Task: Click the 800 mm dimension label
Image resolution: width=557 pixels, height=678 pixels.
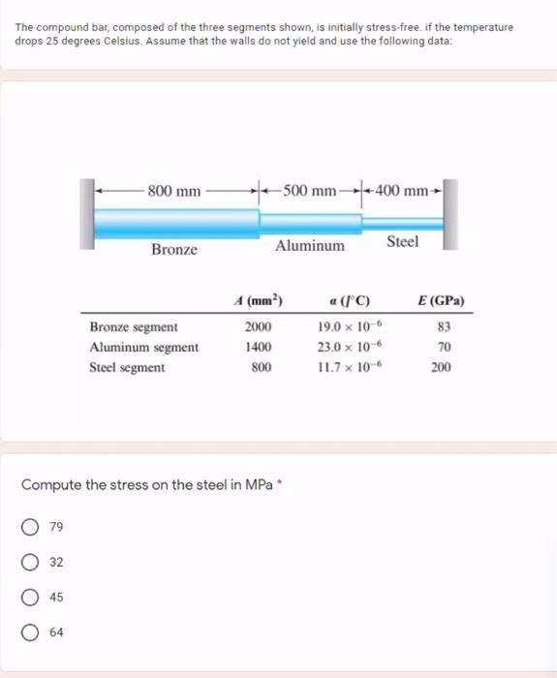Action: [174, 191]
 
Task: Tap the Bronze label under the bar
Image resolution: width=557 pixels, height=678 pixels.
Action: [174, 249]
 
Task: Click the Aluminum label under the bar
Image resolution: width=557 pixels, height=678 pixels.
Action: [309, 246]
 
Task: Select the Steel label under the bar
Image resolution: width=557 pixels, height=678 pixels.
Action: [403, 241]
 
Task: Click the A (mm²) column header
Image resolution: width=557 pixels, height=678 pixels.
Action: [257, 299]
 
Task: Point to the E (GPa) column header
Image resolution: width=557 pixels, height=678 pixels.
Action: [440, 299]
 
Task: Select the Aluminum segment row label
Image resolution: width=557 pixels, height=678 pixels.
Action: [143, 347]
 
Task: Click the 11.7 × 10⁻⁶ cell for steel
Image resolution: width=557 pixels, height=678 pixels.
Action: [346, 367]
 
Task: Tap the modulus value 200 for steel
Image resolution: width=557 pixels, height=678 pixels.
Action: [441, 367]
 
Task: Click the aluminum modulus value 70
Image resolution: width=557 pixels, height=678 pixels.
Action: [444, 347]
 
